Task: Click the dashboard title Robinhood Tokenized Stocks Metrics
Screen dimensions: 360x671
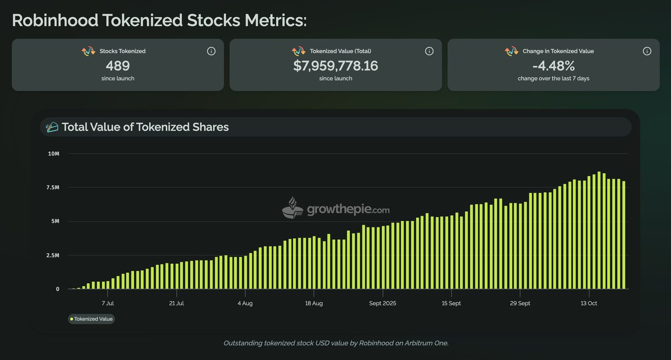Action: [159, 21]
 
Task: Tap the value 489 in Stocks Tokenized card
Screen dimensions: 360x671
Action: [118, 65]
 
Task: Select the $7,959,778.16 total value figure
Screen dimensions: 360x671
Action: [335, 65]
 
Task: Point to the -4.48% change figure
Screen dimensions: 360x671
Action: [554, 65]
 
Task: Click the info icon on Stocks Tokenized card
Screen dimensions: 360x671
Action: [211, 51]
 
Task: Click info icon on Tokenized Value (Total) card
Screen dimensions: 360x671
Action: [429, 51]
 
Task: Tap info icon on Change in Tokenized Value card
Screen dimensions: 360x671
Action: [647, 51]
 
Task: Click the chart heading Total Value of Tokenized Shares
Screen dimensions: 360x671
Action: [145, 127]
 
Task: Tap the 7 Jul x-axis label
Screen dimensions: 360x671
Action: [107, 304]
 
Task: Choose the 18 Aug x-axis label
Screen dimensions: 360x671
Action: [314, 304]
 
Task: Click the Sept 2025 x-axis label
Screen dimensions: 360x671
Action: [383, 304]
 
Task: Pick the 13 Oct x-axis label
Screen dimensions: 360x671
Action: [589, 304]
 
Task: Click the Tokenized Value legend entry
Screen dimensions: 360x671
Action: [91, 319]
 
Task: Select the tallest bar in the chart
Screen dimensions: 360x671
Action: [599, 230]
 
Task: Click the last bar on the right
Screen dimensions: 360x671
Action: [623, 235]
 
